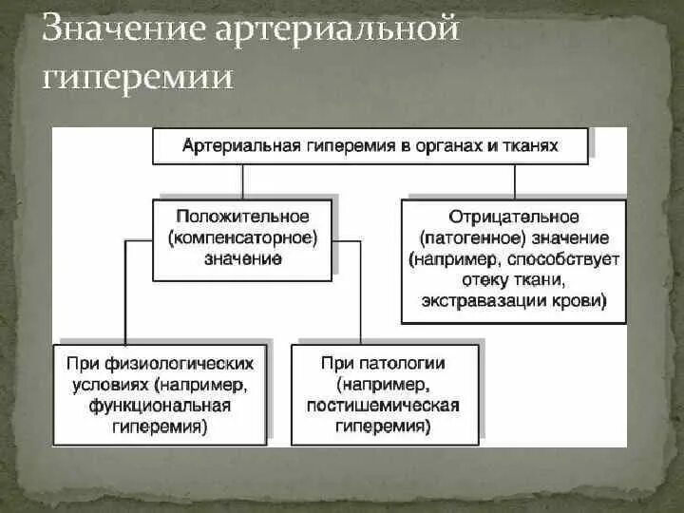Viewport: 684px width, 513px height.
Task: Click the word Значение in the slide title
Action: (x=122, y=30)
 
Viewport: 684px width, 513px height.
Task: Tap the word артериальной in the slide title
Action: (x=337, y=30)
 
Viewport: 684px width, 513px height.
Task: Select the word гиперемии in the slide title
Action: (x=139, y=76)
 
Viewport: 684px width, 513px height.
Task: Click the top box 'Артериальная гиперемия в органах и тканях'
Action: (x=370, y=147)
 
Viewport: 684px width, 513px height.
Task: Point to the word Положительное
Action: (x=243, y=217)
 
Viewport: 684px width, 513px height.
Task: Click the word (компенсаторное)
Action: (x=243, y=237)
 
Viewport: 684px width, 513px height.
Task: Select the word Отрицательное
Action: (x=514, y=218)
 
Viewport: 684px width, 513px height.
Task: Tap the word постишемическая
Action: (x=384, y=406)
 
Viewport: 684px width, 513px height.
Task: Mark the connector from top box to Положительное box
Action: (x=242, y=181)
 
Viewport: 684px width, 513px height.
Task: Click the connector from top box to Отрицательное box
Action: (x=514, y=181)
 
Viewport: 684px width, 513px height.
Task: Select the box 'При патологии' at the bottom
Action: (x=384, y=394)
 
